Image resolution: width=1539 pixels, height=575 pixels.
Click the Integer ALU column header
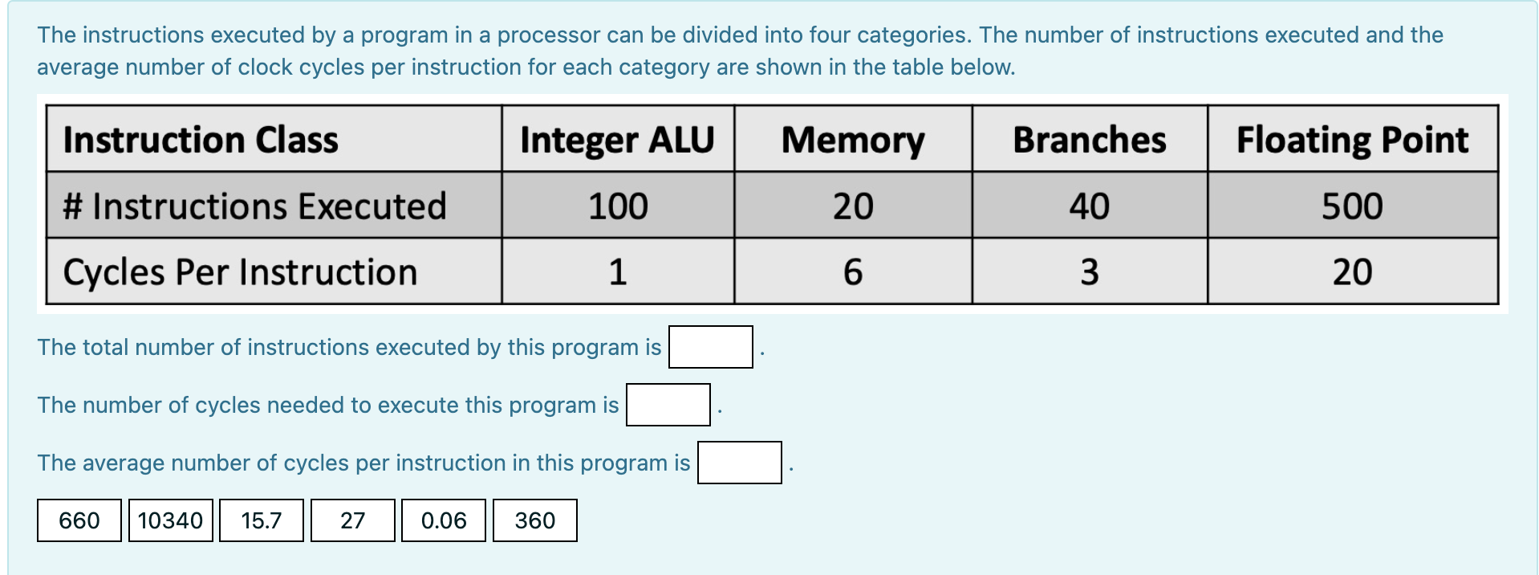pos(617,140)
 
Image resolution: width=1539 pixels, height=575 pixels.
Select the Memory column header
pos(853,140)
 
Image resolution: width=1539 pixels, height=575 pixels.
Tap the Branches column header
pos(1089,140)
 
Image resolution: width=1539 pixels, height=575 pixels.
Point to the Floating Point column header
pos(1352,140)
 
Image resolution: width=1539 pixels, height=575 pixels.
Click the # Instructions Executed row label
pos(254,206)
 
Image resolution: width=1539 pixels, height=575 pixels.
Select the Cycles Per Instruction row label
pos(240,272)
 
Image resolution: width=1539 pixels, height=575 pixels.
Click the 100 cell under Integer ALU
pos(617,206)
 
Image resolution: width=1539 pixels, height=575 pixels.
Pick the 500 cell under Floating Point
pos(1352,206)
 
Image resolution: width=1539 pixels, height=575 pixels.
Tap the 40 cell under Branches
pos(1089,206)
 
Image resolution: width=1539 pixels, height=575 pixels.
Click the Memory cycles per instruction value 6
pos(853,272)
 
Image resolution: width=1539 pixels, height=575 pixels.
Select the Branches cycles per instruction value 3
pos(1089,272)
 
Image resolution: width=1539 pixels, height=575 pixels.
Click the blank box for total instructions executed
pos(710,347)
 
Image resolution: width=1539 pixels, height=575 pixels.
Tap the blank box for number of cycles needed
pos(668,405)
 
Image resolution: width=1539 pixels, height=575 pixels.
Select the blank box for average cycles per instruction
pos(739,463)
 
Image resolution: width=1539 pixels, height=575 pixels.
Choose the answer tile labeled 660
pos(79,520)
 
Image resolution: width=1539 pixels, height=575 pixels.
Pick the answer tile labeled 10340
pos(170,520)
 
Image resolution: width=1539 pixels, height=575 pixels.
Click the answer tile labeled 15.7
pos(262,520)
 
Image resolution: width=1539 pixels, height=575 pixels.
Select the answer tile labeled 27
pos(352,520)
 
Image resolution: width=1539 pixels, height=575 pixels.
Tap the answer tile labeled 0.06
pos(444,520)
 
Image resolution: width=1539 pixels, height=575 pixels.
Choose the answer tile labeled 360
pos(534,520)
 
